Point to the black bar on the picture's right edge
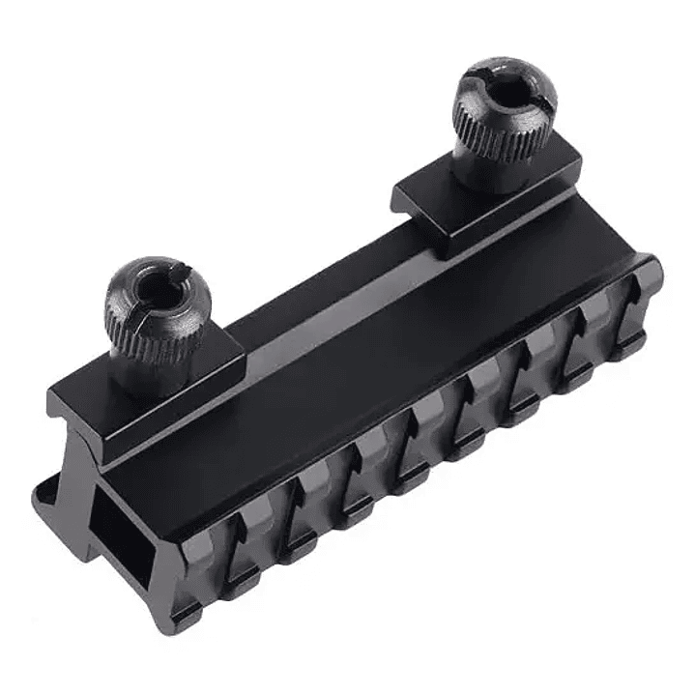point(689,348)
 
